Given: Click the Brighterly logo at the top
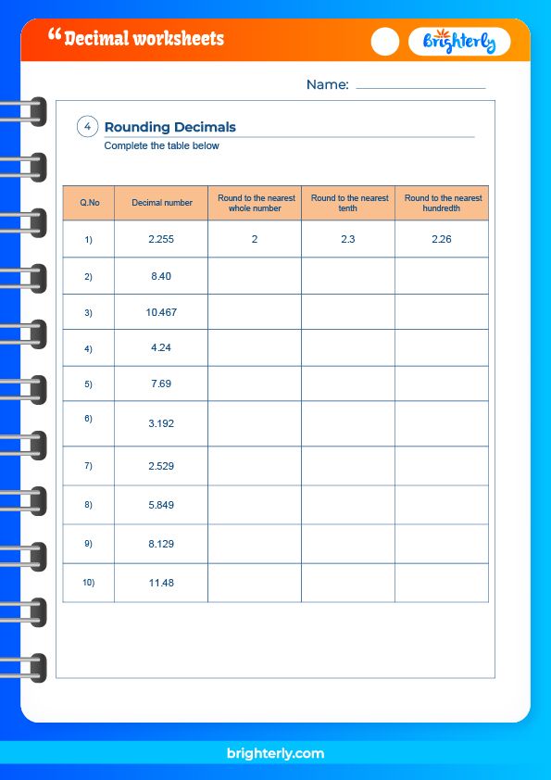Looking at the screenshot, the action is point(459,42).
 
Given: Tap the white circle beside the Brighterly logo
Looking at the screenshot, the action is point(385,42).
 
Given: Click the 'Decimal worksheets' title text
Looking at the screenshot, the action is point(143,39).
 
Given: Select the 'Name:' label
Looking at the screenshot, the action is point(327,85).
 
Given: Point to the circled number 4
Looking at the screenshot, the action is point(87,128).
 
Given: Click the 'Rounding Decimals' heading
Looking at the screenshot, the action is point(170,128).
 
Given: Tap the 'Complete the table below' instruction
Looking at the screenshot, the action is point(162,146).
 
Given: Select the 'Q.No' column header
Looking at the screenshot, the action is point(89,203).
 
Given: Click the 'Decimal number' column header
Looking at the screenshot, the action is point(161,203).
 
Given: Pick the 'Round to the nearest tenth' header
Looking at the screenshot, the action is point(348,203).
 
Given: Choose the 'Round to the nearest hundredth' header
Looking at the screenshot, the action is point(442,203).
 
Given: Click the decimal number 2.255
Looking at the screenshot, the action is point(161,240).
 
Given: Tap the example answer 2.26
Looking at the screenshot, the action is point(442,240).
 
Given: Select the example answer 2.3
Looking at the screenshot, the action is point(348,240).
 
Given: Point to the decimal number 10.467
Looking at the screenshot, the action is point(161,313).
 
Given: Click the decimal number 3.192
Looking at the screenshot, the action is point(161,423).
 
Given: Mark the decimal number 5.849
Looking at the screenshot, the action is point(161,506).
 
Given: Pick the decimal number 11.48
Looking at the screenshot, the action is point(161,584).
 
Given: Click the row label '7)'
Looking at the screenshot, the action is point(89,465).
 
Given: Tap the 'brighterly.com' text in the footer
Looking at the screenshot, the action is point(275,754).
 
